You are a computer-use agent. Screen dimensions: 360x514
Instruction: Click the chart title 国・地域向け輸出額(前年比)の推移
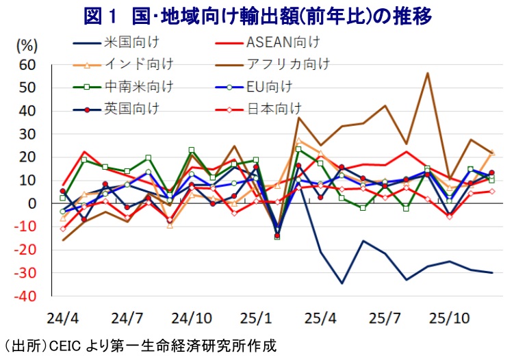(x=257, y=15)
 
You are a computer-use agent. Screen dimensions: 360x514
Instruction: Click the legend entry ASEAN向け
(x=281, y=43)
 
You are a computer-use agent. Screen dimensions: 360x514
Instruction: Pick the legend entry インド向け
(x=139, y=65)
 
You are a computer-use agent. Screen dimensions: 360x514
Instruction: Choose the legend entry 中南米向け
(x=139, y=87)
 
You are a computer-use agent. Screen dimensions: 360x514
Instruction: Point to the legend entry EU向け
(x=268, y=87)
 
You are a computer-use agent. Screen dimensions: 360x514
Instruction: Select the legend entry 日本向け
(x=274, y=108)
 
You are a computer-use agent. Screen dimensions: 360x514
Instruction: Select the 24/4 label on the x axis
(x=62, y=319)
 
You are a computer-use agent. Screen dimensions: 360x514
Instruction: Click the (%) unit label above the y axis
(x=26, y=47)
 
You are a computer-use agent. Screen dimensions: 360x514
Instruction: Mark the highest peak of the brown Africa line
(x=428, y=73)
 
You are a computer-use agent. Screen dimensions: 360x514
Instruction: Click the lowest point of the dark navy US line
(x=342, y=283)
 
